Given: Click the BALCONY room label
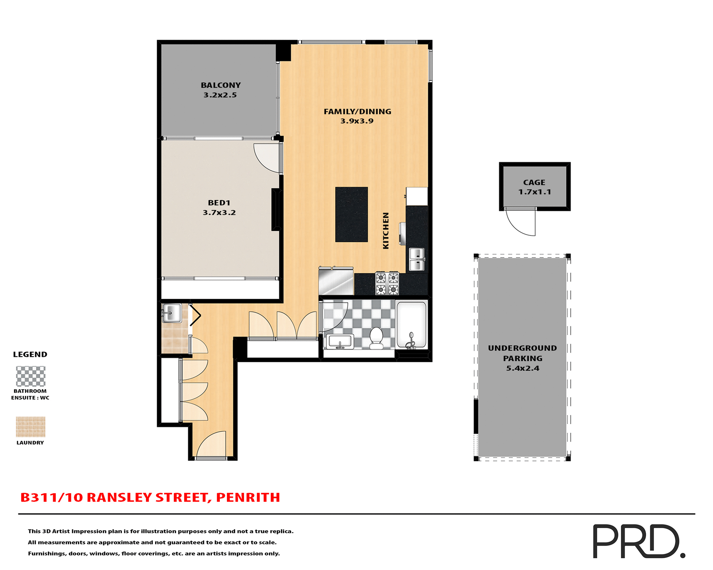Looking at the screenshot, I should click(221, 85).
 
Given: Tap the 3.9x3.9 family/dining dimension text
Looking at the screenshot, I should click(357, 121).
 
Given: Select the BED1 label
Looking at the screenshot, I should click(219, 203).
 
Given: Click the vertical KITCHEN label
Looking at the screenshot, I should click(386, 230).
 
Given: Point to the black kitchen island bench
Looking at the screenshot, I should click(351, 214).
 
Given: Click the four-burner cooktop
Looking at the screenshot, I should click(387, 284).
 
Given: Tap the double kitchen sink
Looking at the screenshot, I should click(417, 259).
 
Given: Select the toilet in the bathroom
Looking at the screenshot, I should click(377, 338).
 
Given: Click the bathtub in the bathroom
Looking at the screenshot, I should click(411, 325).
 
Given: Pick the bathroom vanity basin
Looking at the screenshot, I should click(340, 341).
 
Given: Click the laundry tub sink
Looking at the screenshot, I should click(172, 313).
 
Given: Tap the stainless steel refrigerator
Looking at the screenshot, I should click(336, 282).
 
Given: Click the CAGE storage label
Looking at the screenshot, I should click(534, 183).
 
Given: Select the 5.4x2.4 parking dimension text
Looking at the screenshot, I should click(522, 368).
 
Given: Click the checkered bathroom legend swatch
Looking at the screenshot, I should click(31, 376).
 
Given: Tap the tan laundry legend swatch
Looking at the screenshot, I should click(31, 427).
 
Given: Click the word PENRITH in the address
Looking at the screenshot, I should click(248, 498).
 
